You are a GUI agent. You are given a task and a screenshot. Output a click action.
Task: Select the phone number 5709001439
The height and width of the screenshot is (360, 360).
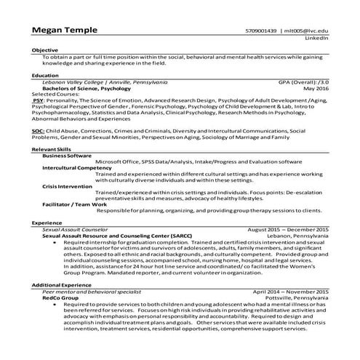pos(260,31)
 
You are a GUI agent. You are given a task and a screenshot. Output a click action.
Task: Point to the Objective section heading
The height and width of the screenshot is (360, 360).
pos(44,49)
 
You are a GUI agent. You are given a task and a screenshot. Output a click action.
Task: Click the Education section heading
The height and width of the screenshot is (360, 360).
pos(45,75)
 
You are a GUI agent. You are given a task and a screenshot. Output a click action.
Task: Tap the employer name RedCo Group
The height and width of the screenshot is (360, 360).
pos(60,297)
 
